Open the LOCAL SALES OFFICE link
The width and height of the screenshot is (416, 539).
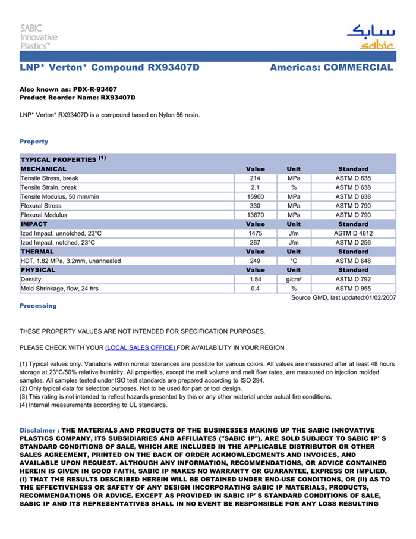[140, 347]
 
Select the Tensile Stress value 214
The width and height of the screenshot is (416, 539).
[256, 178]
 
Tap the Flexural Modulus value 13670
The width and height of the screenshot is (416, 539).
[256, 215]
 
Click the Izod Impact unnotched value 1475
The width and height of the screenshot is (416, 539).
[256, 233]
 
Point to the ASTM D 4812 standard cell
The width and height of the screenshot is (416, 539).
[353, 233]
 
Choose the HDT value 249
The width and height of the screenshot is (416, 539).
[256, 261]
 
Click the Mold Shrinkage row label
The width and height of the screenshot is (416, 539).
[59, 289]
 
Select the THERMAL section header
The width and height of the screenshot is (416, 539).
[37, 252]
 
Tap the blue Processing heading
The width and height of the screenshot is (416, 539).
[38, 306]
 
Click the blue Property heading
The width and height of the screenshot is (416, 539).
[34, 142]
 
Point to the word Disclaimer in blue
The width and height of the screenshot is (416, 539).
[39, 430]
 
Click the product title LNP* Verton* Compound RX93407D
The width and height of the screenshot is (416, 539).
[109, 68]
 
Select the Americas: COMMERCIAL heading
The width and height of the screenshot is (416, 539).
[331, 68]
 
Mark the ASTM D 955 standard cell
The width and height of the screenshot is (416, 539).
[353, 289]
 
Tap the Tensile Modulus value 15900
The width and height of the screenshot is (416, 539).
[256, 196]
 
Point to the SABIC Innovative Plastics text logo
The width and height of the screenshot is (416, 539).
[39, 37]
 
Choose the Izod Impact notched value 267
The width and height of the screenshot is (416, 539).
[256, 243]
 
